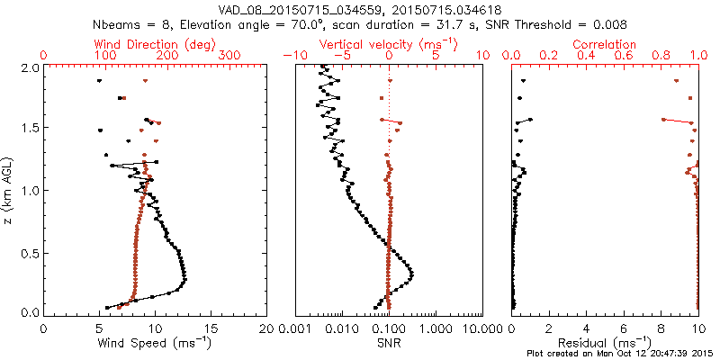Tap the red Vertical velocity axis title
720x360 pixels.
point(388,44)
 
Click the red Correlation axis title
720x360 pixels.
point(605,44)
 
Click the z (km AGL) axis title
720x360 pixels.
point(9,189)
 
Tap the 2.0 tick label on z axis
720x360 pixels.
point(30,68)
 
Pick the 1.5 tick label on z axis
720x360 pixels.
point(30,129)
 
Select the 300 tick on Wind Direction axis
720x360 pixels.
point(230,56)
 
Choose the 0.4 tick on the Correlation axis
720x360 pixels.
point(586,56)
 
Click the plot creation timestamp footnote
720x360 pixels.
point(621,354)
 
